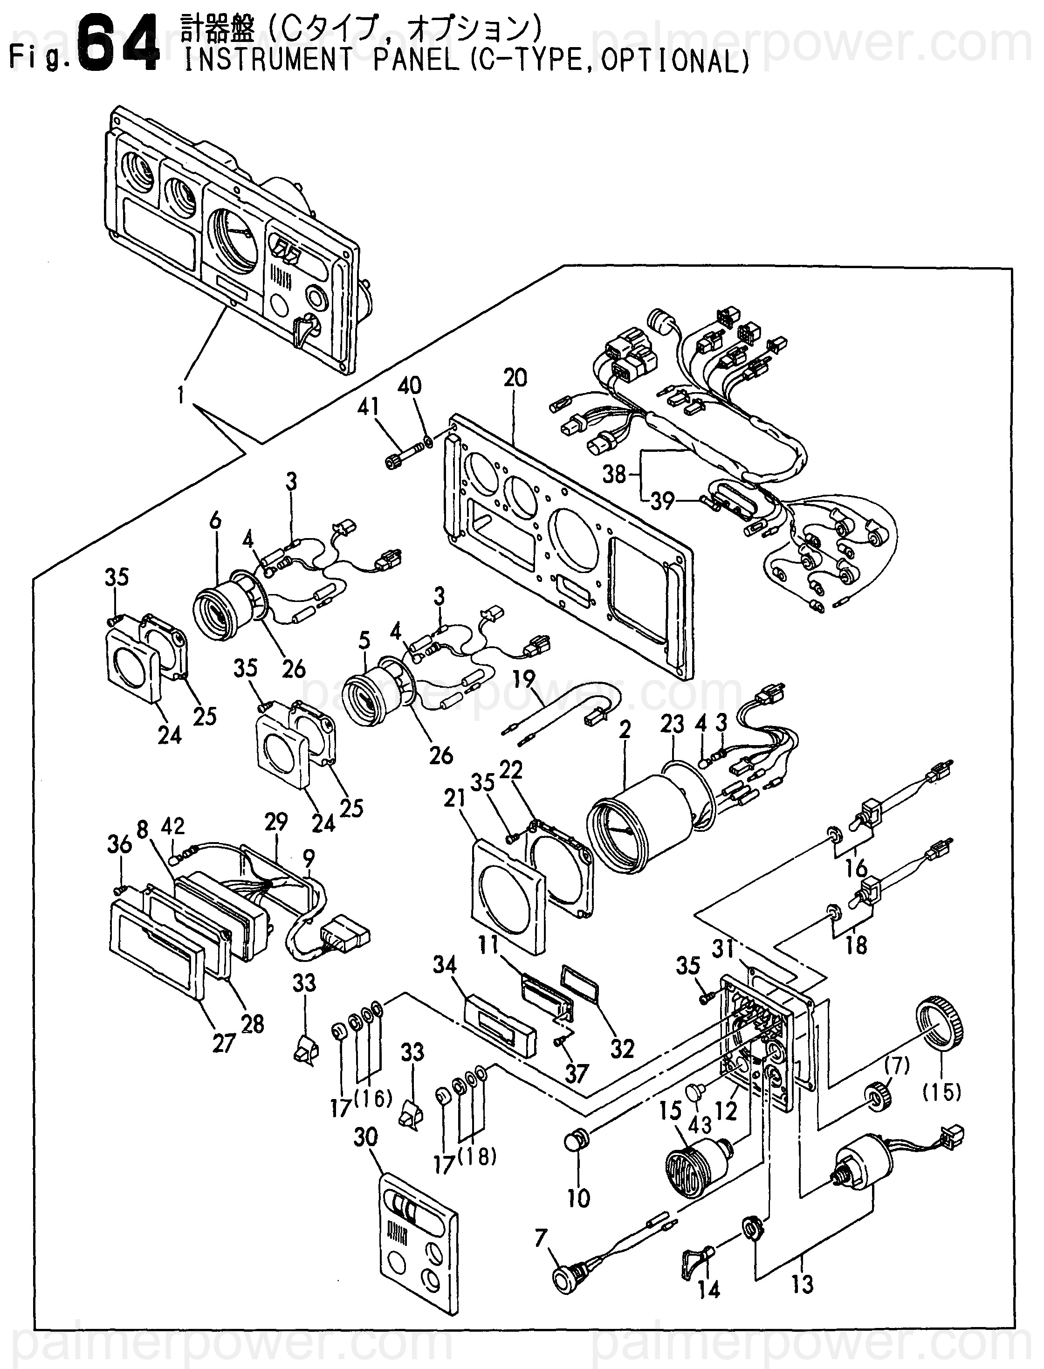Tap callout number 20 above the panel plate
pyautogui.click(x=515, y=378)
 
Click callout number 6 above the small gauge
pyautogui.click(x=214, y=520)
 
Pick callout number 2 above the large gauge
pyautogui.click(x=625, y=729)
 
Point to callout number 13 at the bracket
pyautogui.click(x=802, y=1283)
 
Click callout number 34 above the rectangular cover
pyautogui.click(x=445, y=965)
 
